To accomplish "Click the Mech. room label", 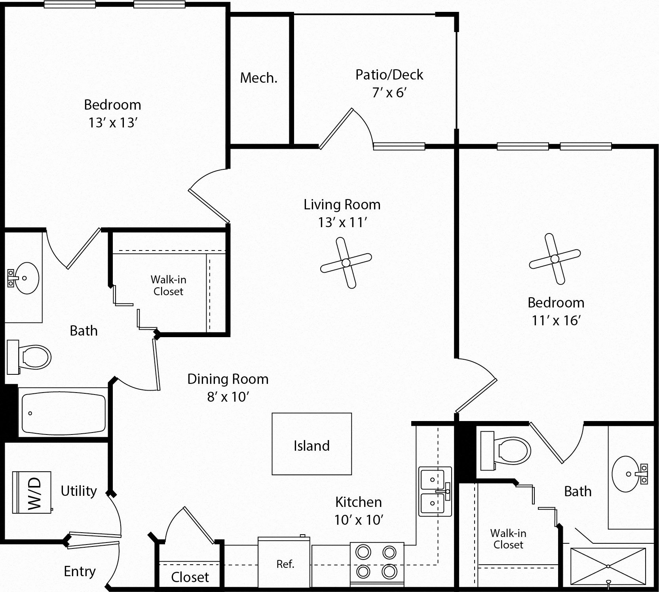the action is [259, 78].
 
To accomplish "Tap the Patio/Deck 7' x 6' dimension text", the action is [389, 93].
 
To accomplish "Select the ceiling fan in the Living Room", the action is [346, 263].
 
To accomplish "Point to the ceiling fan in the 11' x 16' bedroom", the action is [555, 259].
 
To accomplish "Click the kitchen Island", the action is [311, 444].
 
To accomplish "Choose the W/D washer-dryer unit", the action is [32, 492].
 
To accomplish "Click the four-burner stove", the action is [377, 564].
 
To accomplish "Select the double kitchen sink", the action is [435, 491].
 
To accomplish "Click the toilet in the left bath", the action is [29, 357].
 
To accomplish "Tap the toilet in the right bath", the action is [505, 450].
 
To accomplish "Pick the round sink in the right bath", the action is [629, 474].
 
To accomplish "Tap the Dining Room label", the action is [228, 379].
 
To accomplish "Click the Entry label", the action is [80, 571].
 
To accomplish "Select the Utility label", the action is [79, 491].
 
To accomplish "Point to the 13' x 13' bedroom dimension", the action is [113, 123].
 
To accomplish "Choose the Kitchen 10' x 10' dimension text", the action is [359, 520].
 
